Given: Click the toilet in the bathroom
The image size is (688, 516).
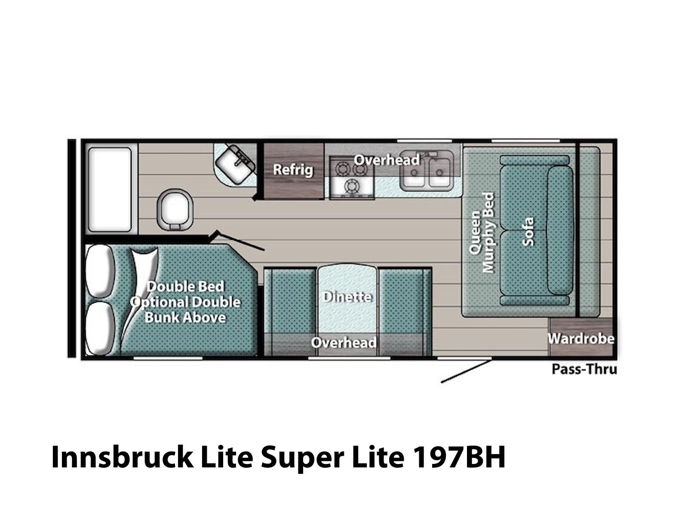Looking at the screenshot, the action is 175,210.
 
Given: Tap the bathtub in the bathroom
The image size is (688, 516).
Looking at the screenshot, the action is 110,190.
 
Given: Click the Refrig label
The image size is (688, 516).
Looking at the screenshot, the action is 293,170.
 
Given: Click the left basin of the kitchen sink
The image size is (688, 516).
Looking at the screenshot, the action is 414,173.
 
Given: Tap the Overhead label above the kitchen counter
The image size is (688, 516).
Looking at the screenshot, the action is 387,160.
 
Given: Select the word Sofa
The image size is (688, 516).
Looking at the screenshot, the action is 528,231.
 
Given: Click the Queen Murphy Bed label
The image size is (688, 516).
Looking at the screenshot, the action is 481,233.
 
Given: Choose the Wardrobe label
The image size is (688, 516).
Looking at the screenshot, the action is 581,338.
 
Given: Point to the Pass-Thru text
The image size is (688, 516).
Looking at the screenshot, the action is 584,369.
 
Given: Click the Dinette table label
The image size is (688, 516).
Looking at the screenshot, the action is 347,297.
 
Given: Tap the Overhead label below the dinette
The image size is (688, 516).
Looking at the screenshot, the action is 344,342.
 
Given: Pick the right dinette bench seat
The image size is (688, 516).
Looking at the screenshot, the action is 404,312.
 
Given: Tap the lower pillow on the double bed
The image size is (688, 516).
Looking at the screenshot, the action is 99,328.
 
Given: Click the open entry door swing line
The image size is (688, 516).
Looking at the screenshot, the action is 466,371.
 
